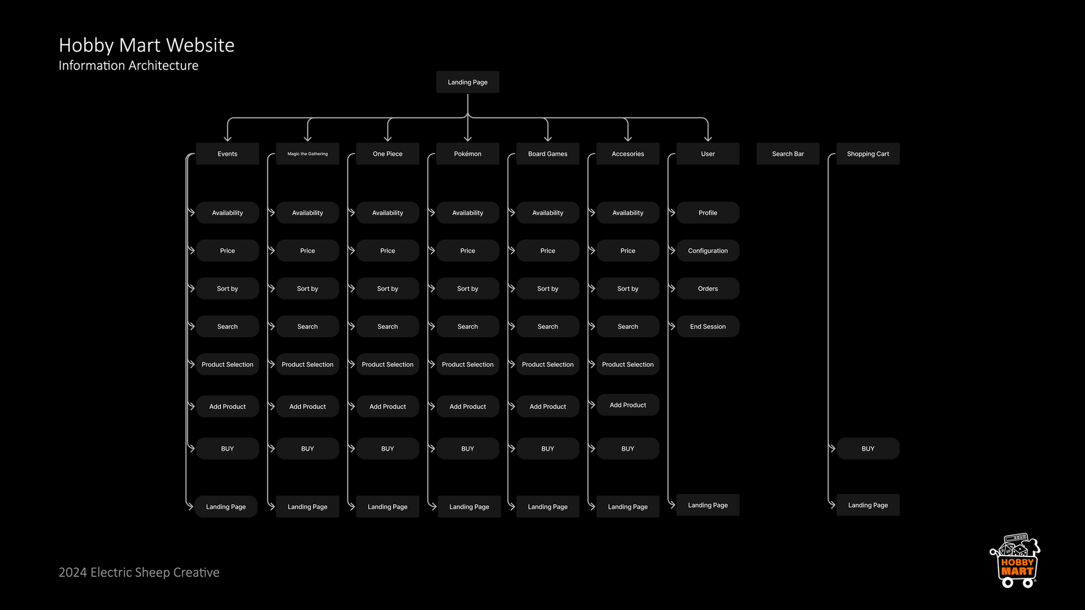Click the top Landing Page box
point(467,82)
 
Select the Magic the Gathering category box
point(307,154)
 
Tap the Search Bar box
point(788,154)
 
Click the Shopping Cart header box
point(867,154)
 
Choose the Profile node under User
point(708,213)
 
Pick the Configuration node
point(708,251)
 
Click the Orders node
point(708,289)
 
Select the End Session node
point(708,326)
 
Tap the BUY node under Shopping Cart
point(867,448)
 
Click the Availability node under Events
point(227,213)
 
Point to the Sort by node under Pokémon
point(467,289)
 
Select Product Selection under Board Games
point(548,364)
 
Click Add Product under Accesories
point(628,405)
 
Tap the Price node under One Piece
point(388,251)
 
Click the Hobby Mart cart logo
point(1016,561)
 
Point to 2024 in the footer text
point(73,573)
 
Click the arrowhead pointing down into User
point(708,137)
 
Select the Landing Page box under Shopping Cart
point(867,505)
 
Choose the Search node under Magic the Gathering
point(307,326)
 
